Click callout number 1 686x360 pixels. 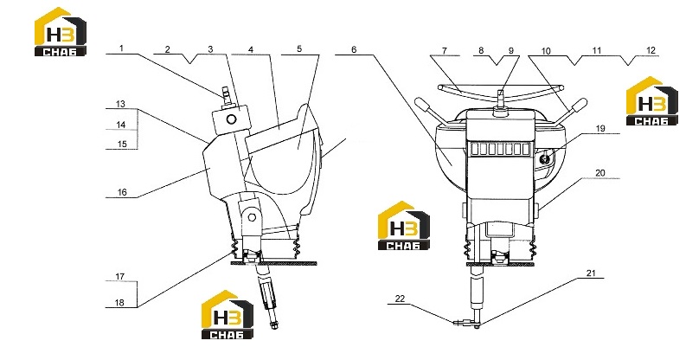click(122, 48)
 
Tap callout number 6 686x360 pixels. click(354, 49)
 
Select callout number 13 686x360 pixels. click(120, 104)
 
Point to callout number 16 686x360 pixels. click(122, 192)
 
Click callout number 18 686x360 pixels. click(120, 302)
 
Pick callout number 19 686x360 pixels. click(600, 128)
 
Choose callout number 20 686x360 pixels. click(600, 173)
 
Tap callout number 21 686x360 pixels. click(591, 273)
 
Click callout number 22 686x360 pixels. click(400, 299)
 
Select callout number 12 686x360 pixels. click(651, 50)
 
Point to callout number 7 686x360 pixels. click(445, 51)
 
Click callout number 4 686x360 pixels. click(251, 49)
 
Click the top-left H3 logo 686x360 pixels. click(61, 32)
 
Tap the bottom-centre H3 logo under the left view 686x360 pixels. click(227, 314)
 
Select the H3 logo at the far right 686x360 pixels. click(652, 101)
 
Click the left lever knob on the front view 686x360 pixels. click(422, 104)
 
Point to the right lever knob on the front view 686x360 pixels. click(580, 105)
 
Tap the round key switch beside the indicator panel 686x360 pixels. click(545, 159)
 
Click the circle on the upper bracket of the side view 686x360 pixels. click(232, 119)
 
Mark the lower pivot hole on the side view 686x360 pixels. click(252, 217)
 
